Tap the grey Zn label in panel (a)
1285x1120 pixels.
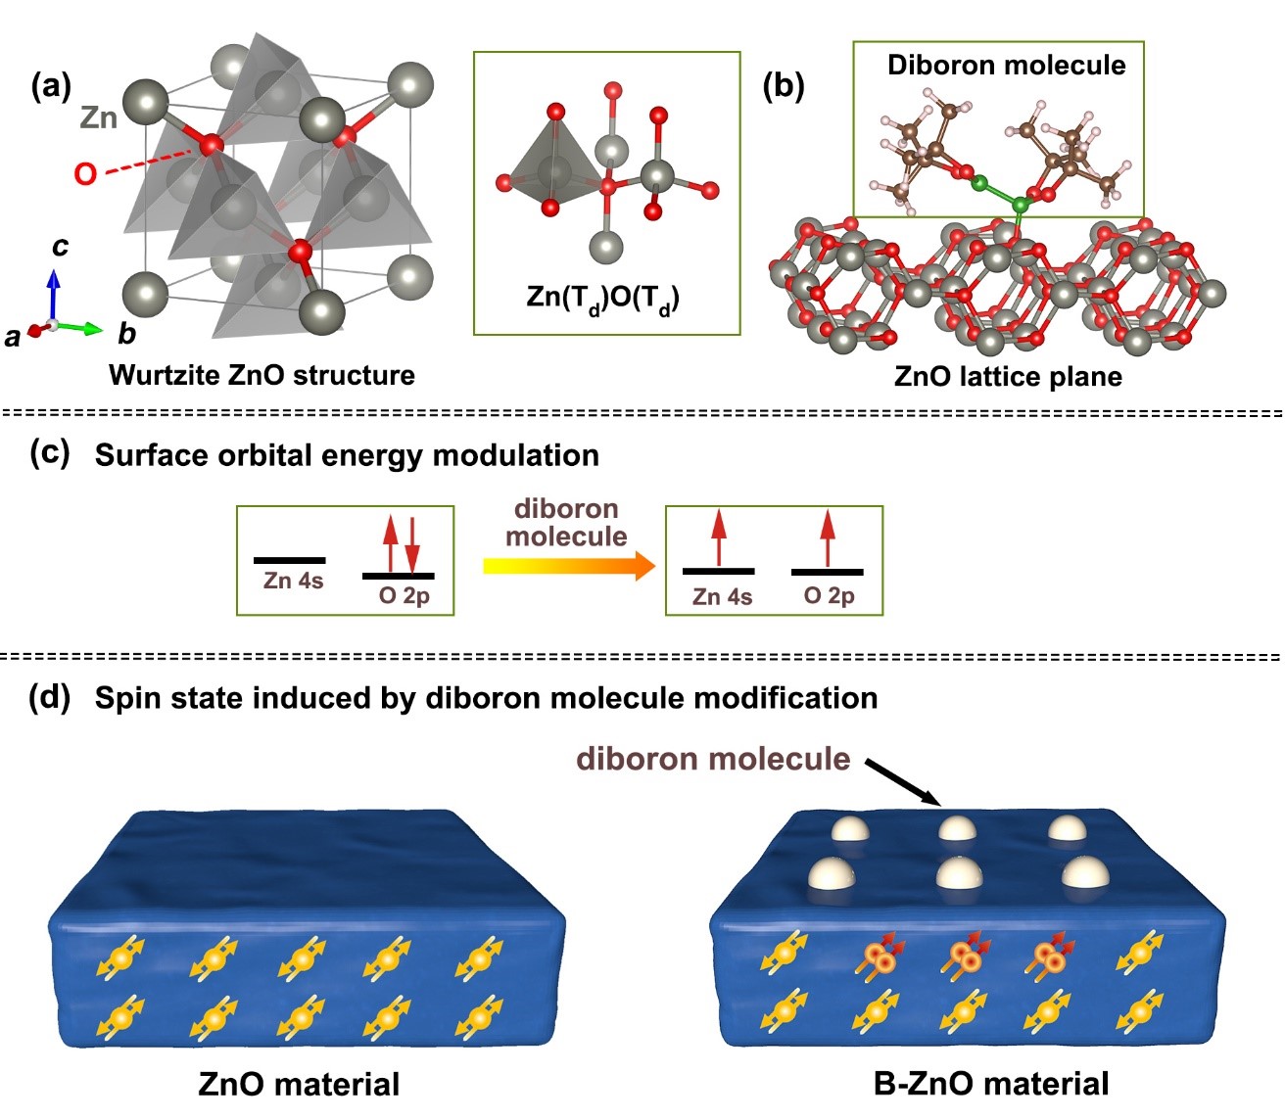(99, 118)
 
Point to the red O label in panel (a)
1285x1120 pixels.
(85, 174)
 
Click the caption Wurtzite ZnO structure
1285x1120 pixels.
(262, 375)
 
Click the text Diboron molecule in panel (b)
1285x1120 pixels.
(1006, 66)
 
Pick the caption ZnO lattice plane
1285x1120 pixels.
(1008, 377)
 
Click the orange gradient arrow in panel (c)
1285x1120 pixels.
(569, 566)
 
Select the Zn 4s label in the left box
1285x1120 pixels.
(293, 582)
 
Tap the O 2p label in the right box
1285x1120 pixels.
(829, 596)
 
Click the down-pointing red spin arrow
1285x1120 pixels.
(412, 544)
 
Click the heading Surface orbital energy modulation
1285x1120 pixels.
(347, 455)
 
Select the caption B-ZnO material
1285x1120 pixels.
(991, 1084)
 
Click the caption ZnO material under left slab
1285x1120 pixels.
(299, 1084)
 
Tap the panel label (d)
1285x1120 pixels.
(50, 697)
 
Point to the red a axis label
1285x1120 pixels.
(13, 338)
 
